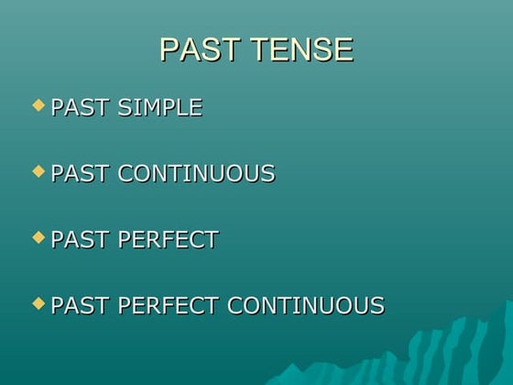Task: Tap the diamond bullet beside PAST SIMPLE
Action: [x=38, y=105]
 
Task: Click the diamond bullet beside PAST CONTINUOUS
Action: [x=38, y=171]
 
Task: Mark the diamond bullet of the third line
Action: [x=38, y=237]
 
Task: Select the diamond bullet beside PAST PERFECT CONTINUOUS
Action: [x=38, y=302]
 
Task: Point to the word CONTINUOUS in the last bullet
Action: [x=305, y=305]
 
